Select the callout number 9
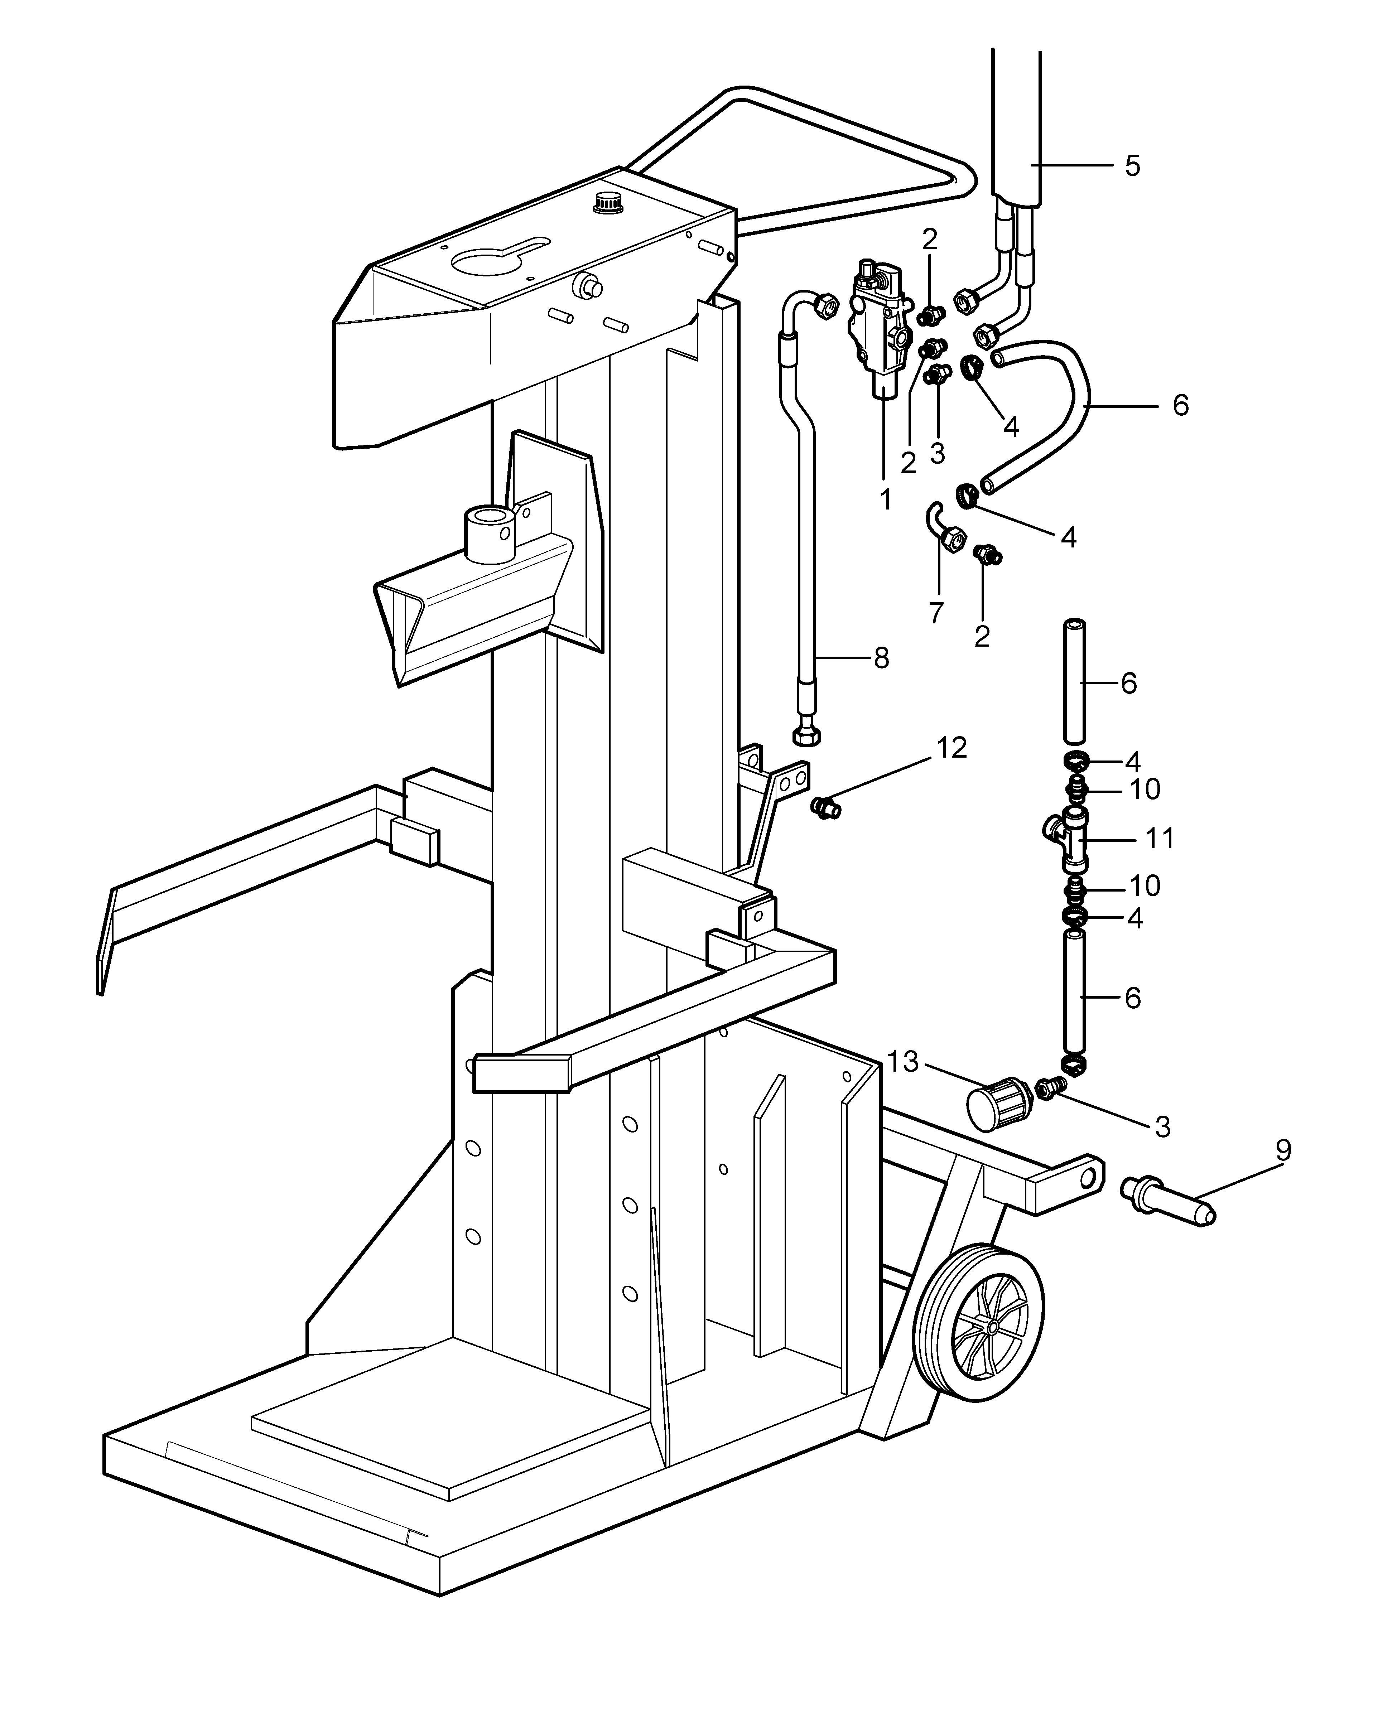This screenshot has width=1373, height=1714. [1282, 1150]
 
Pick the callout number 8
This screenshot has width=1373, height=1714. [881, 658]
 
